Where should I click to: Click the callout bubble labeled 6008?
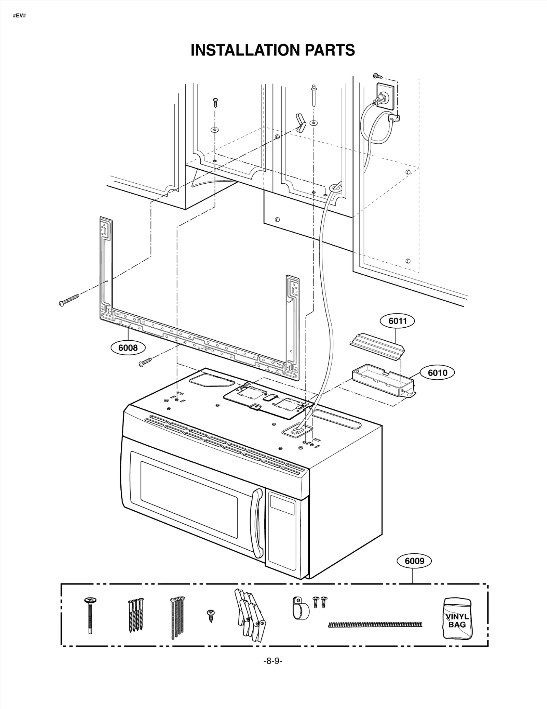128,348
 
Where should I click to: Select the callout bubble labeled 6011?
397,321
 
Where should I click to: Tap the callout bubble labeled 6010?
437,372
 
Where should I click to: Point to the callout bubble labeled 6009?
414,561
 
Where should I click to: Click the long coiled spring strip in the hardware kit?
375,624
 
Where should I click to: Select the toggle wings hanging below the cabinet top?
300,123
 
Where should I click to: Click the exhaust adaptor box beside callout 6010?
383,380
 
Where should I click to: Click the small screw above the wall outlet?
377,75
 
